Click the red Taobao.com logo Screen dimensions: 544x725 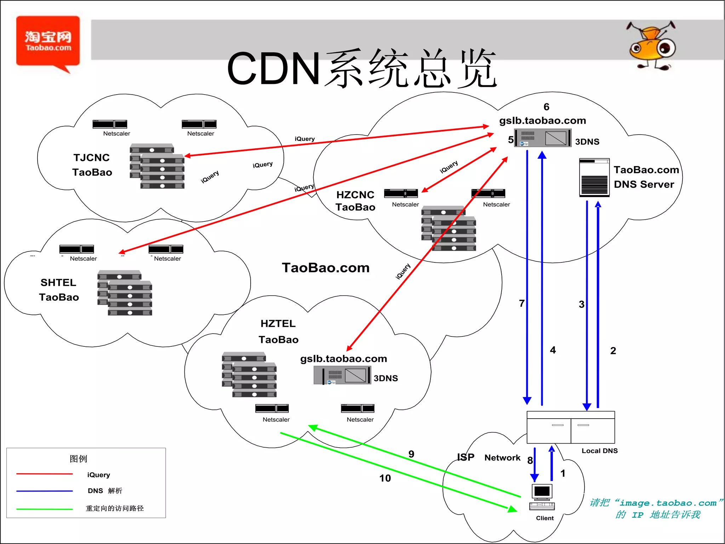coord(48,41)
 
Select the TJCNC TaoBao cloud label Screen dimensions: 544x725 coord(92,165)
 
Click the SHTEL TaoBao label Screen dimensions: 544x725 coord(59,290)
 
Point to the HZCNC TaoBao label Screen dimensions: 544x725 coord(355,201)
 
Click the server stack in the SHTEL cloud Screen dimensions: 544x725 coord(125,293)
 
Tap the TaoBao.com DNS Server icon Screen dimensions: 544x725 coord(594,177)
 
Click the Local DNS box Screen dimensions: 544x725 coord(571,427)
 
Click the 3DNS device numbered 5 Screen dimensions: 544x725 coord(543,138)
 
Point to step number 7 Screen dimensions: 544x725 coord(521,304)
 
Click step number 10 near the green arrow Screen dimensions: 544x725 coord(385,478)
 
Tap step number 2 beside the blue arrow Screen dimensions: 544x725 coord(613,351)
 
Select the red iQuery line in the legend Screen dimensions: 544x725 coord(45,474)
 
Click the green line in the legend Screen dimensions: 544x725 coord(45,509)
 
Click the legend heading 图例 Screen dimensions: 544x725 coord(78,459)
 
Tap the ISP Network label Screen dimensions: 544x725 coord(489,458)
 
